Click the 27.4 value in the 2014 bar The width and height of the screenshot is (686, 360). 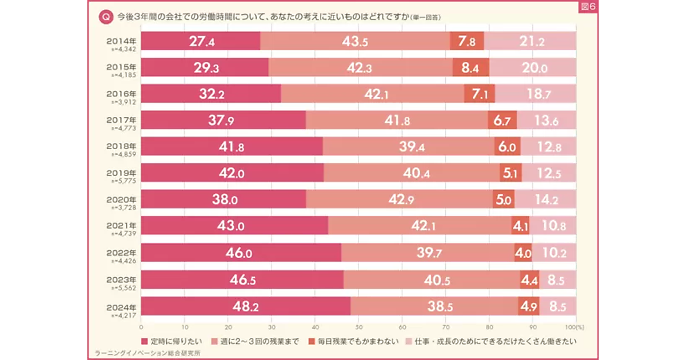201,41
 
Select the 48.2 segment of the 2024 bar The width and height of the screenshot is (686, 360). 246,307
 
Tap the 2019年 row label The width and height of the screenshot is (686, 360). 121,173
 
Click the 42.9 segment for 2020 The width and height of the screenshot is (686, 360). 399,199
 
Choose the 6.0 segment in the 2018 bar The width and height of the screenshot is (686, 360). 507,147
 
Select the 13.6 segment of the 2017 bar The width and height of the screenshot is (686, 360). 547,121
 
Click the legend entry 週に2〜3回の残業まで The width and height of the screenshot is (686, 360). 255,341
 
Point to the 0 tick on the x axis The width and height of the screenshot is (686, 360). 141,328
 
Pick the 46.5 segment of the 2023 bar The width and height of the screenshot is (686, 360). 242,280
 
